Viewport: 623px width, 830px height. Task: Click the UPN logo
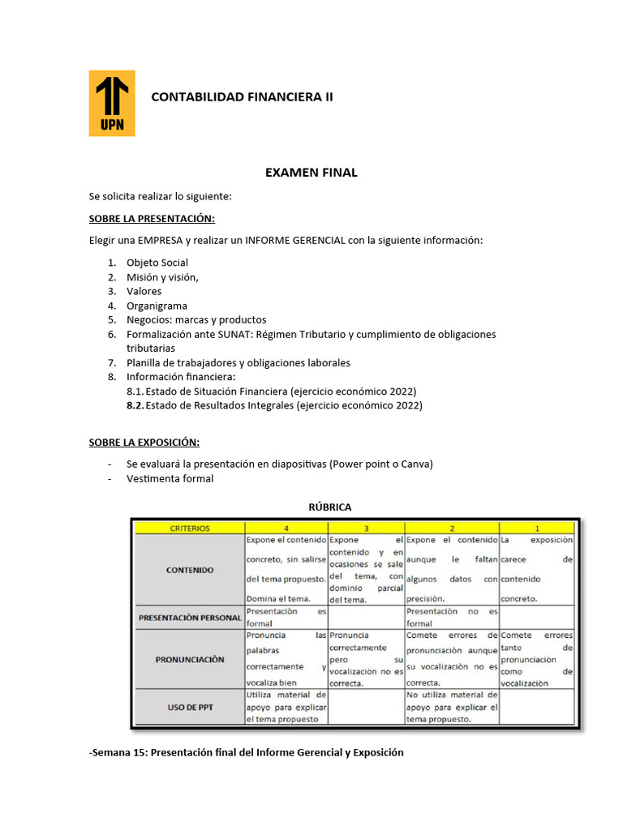112,103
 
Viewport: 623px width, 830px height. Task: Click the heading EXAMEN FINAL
311,173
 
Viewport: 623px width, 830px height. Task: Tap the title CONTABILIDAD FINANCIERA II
243,97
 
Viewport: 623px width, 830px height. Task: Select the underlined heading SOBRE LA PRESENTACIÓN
152,219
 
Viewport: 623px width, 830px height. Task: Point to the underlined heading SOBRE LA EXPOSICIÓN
144,442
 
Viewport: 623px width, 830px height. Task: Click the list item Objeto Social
157,263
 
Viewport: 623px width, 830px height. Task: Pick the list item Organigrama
157,306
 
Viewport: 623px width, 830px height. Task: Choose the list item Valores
144,291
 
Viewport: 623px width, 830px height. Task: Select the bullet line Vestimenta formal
170,478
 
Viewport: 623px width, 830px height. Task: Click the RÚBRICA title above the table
329,507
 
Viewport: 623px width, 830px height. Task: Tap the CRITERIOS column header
189,528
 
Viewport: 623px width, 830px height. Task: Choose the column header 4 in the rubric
286,528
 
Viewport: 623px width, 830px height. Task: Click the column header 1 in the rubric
536,528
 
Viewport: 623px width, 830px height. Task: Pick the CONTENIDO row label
190,570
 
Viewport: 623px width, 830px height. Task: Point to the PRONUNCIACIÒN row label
190,660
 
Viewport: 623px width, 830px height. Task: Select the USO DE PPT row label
190,707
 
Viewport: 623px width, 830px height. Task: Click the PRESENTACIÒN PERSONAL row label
190,618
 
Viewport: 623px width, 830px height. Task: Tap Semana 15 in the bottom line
118,752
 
